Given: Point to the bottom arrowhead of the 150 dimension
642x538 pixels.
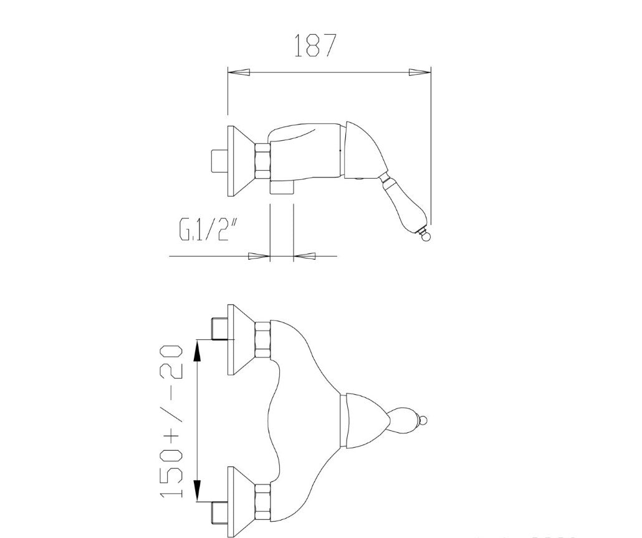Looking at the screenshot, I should (197, 490).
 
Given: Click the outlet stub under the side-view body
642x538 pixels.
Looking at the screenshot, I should (281, 188).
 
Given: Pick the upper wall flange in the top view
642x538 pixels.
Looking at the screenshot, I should (242, 340).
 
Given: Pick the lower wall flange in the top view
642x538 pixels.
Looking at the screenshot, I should (242, 501).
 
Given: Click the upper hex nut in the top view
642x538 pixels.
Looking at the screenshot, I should (263, 340).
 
